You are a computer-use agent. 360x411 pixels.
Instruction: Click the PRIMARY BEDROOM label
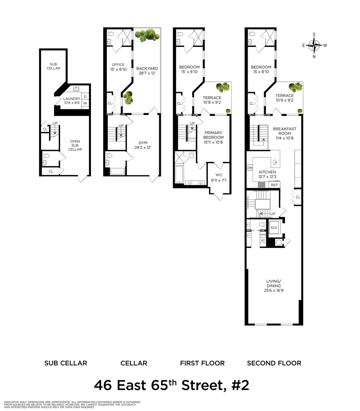[214, 135]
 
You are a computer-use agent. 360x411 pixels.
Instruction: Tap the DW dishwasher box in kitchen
[249, 168]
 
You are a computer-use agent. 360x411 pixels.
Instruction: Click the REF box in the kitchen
[274, 185]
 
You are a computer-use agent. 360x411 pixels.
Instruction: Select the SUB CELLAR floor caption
[65, 363]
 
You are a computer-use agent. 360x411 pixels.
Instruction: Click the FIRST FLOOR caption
[202, 363]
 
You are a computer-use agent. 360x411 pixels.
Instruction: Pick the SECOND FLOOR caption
[274, 363]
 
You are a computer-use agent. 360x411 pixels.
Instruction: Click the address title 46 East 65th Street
[172, 386]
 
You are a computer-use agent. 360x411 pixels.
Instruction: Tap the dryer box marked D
[85, 97]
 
